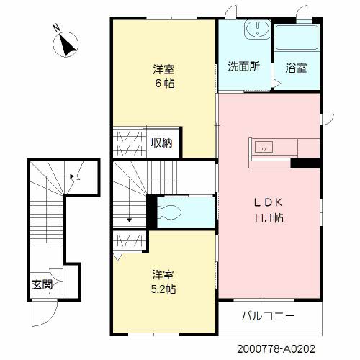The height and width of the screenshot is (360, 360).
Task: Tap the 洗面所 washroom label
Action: [x=244, y=68]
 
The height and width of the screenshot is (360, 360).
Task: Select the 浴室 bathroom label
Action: [x=296, y=68]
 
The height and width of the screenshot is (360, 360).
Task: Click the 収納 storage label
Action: [x=162, y=142]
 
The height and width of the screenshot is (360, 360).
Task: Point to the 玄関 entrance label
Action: [x=42, y=284]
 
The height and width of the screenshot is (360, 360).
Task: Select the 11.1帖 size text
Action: [x=267, y=217]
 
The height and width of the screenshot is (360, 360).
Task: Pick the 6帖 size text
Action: [x=163, y=84]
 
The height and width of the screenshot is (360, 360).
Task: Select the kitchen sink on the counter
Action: [x=264, y=146]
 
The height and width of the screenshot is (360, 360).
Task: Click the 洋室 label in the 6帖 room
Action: [x=163, y=69]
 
